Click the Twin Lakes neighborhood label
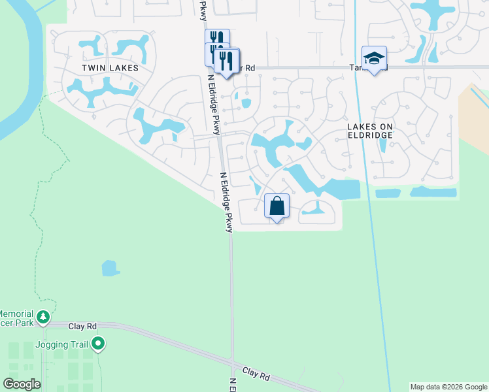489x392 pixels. click(103, 67)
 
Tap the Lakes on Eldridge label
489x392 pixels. click(370, 129)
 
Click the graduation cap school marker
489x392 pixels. click(374, 59)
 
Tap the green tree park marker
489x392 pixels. click(43, 318)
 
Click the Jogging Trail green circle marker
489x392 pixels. click(98, 342)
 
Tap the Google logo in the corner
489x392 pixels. click(22, 384)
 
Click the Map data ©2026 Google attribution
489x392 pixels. click(448, 387)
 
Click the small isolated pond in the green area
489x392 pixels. click(110, 268)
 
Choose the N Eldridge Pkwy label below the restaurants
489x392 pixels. click(214, 105)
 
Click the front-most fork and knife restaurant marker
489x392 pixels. click(227, 61)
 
